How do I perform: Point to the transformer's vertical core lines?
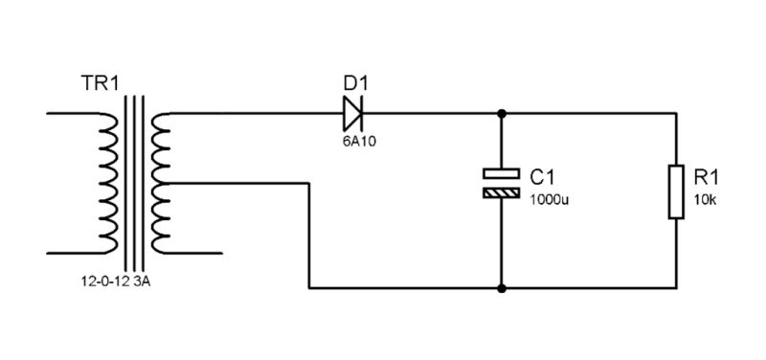tap(134, 182)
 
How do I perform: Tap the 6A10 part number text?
tap(355, 141)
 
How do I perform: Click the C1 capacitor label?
tap(542, 176)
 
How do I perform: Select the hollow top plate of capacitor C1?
tap(501, 173)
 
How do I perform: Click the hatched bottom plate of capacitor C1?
tap(501, 192)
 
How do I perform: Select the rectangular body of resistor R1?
tap(677, 191)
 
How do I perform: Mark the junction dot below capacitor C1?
tap(501, 286)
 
